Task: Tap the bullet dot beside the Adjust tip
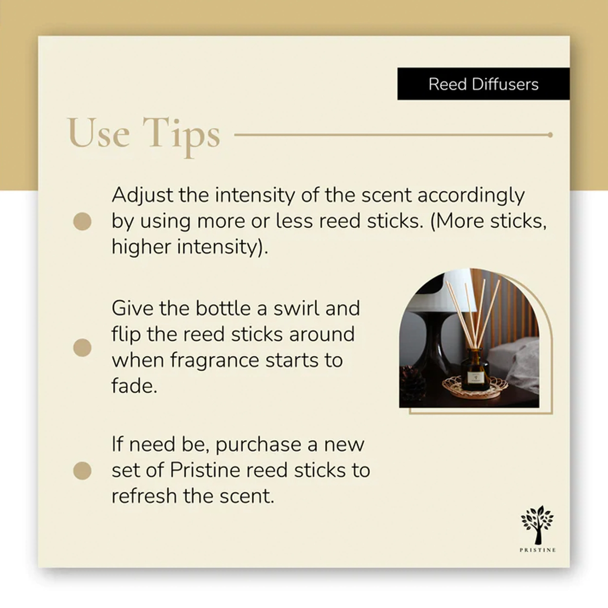(x=82, y=221)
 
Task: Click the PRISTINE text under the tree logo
(x=537, y=550)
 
